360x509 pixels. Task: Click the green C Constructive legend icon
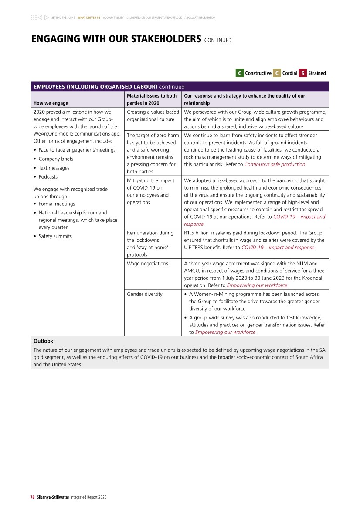(239, 73)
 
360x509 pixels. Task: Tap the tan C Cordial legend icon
(277, 73)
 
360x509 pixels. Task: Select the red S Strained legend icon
(302, 73)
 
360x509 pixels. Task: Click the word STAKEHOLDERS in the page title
(158, 39)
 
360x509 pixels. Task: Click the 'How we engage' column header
(51, 103)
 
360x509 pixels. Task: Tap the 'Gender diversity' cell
(145, 294)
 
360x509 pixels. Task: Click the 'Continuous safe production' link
(275, 164)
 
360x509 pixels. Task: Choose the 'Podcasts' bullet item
(48, 177)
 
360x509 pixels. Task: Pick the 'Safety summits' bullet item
(55, 236)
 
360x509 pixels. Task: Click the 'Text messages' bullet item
(54, 168)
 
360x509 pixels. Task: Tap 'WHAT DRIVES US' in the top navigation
(89, 18)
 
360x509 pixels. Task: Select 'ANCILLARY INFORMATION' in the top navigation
(200, 18)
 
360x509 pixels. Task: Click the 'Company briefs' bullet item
(56, 159)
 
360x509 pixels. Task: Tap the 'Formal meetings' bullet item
(57, 204)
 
